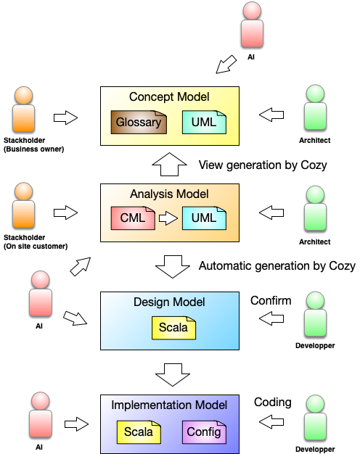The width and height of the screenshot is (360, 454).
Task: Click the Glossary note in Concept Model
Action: pos(139,122)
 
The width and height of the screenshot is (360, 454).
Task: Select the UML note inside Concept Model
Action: pos(204,122)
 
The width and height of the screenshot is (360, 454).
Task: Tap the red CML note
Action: pos(133,218)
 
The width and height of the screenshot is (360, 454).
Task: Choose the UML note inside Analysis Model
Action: pos(204,218)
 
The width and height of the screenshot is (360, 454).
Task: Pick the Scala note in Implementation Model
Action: pos(139,432)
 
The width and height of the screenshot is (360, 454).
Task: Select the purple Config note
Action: pos(204,432)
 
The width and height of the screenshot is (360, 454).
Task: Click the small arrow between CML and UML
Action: pos(168,218)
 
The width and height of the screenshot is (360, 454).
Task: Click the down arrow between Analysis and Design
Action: pos(172,266)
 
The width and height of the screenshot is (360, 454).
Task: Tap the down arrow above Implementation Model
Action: pos(172,374)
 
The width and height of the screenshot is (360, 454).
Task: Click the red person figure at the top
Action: pos(252,25)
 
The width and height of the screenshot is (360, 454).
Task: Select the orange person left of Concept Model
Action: pos(24,109)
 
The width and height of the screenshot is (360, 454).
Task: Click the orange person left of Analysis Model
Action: pos(24,205)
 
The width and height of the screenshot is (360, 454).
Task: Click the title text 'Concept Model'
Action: pos(169,97)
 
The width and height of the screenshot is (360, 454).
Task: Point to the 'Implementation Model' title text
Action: pos(169,405)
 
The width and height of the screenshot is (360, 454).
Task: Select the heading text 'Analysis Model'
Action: pos(169,194)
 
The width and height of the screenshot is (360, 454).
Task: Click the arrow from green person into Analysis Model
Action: pos(271,212)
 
